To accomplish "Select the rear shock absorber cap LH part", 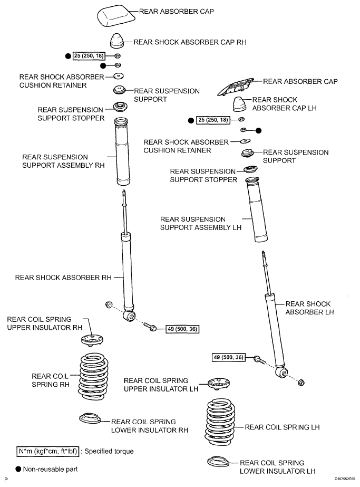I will (241, 104).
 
